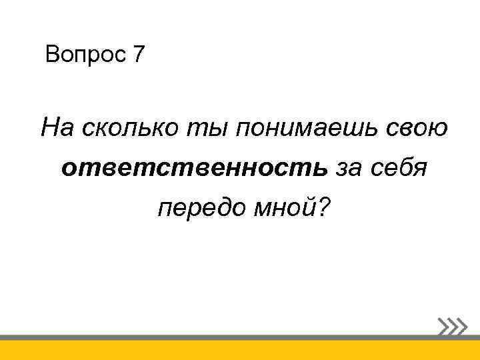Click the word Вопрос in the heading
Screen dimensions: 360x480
[x=84, y=55]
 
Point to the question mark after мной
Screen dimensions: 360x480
[x=323, y=209]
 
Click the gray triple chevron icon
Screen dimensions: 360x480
[x=453, y=326]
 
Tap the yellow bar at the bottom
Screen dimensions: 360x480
[x=240, y=351]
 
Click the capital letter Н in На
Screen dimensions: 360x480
[x=50, y=126]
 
